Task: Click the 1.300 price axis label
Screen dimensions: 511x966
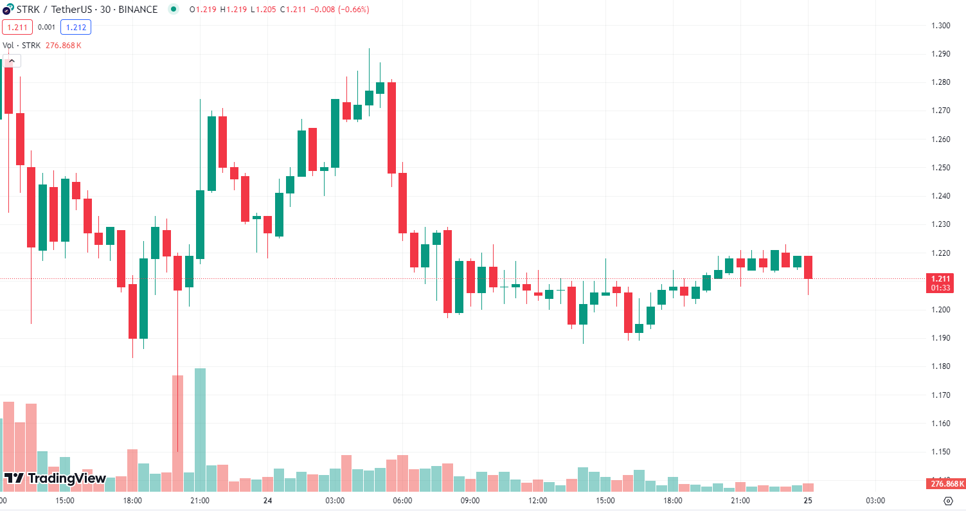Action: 941,26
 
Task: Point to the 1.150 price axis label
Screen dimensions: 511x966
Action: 941,452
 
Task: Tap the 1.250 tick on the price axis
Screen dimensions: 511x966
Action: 941,168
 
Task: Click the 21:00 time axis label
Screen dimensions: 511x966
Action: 200,501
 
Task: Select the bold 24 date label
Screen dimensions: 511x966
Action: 267,501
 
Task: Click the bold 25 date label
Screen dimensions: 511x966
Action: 808,501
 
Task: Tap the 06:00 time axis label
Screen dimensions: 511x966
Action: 402,501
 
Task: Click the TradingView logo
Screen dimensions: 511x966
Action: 55,478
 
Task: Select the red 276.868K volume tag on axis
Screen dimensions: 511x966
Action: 944,483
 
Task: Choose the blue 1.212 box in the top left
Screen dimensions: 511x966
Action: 76,27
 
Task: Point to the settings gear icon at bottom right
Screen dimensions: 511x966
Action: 948,501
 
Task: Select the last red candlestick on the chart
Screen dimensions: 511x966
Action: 808,267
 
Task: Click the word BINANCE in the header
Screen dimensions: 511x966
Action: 138,10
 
